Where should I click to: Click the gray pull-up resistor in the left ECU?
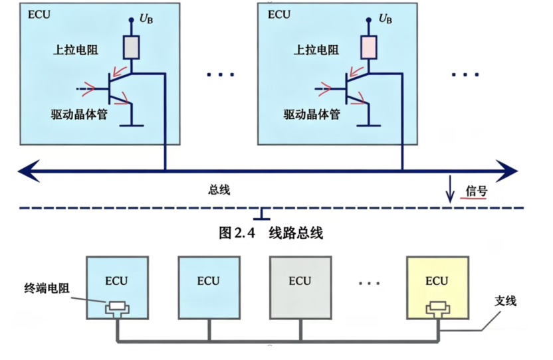tap(131, 47)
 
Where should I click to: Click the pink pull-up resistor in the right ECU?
tap(369, 47)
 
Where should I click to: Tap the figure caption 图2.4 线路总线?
tap(271, 232)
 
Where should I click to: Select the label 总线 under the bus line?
tap(219, 190)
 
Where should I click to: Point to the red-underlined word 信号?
tap(477, 191)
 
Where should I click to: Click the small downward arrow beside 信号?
tap(450, 189)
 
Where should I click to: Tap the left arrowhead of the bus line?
tap(29, 171)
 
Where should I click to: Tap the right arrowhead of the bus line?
tap(506, 171)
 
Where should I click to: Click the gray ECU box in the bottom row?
tap(300, 288)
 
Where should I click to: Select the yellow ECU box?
tap(437, 288)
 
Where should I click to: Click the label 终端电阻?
tap(47, 288)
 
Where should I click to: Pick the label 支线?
tap(505, 301)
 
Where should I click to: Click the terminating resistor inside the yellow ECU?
tap(437, 308)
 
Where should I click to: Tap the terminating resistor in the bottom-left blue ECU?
tap(117, 308)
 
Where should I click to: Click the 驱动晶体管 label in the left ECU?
tap(79, 114)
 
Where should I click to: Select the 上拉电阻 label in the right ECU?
tap(316, 50)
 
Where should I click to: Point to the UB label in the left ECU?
tap(146, 19)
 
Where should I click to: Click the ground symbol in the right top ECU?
tap(369, 125)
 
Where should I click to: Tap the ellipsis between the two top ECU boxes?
tap(221, 74)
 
